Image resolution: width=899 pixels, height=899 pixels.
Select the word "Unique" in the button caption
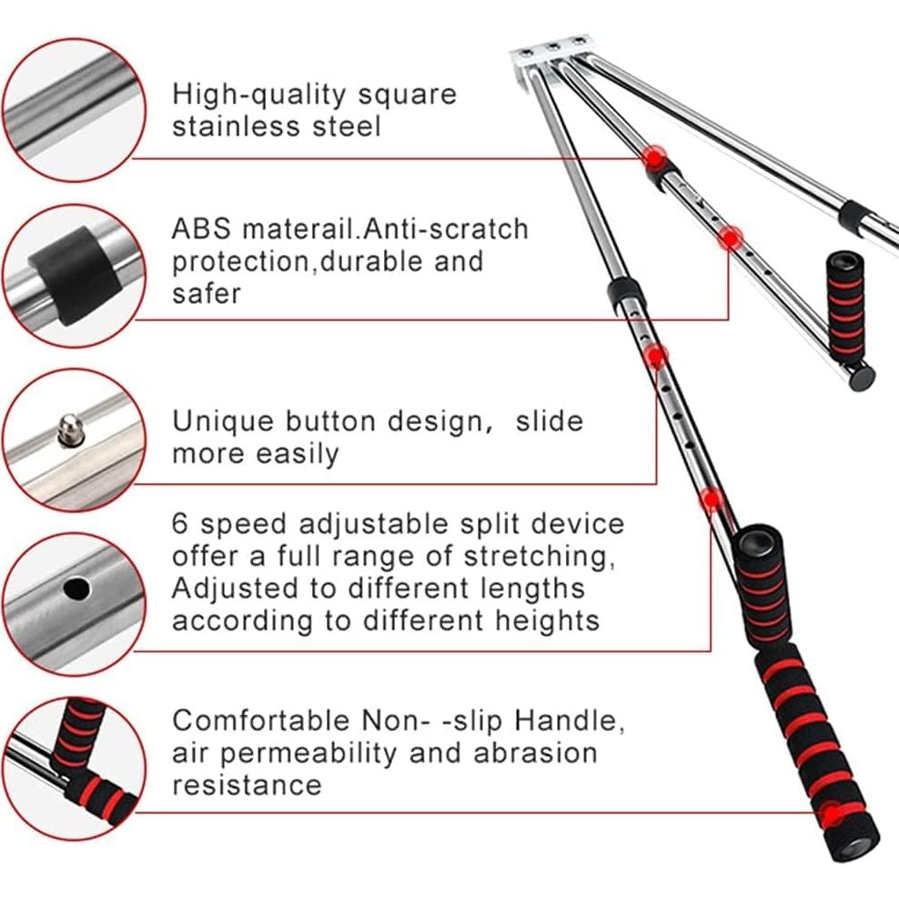[222, 422]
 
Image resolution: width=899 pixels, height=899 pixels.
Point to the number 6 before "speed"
[179, 524]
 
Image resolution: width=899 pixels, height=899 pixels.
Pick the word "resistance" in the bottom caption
[247, 785]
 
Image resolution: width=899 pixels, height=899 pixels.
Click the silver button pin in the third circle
[71, 430]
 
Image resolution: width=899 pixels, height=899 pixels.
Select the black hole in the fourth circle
[76, 589]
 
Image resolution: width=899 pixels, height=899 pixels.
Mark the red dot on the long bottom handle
[831, 813]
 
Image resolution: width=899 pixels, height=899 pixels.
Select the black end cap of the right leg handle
[861, 379]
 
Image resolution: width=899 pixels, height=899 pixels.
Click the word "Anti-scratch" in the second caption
[446, 228]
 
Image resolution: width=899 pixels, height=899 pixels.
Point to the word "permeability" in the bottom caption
[308, 753]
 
